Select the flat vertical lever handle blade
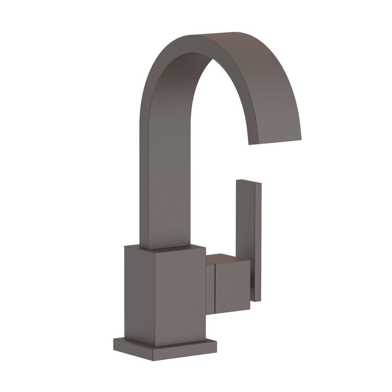coord(246,217)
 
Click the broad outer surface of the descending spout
coord(271,95)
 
